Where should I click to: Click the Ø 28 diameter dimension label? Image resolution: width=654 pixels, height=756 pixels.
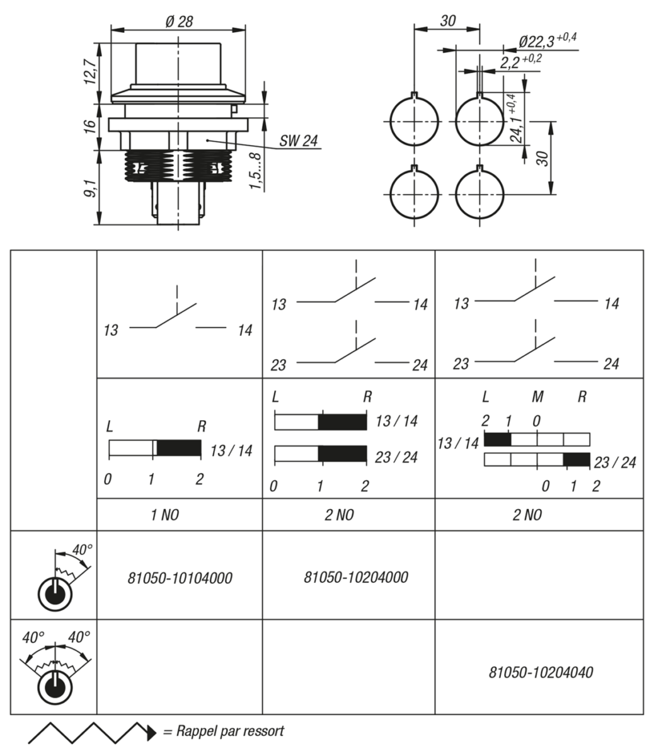(x=179, y=21)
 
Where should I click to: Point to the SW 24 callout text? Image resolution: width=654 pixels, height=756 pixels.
(x=299, y=141)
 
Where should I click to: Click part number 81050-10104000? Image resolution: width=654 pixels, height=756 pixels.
(x=179, y=578)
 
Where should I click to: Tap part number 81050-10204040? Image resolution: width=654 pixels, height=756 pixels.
(x=541, y=672)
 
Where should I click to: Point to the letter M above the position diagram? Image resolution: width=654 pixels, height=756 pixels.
(x=537, y=397)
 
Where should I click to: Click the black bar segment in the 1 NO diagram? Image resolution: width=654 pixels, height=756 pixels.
(x=179, y=449)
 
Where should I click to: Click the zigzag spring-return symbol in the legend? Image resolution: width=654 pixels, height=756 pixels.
(x=91, y=732)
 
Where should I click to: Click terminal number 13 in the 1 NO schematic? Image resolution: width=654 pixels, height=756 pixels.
(x=112, y=330)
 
